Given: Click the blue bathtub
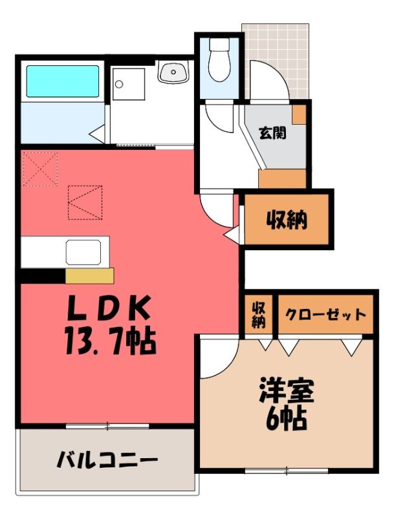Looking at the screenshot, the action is click(63, 81).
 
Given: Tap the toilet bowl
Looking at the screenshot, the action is click(219, 59).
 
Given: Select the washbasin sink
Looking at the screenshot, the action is click(173, 72).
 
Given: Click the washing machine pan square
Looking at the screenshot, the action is click(128, 84).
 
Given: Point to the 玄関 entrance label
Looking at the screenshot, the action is click(272, 133).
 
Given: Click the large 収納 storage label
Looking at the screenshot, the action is click(287, 220).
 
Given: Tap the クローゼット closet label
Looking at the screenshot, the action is click(325, 315).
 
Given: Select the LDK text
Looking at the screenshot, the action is click(109, 308).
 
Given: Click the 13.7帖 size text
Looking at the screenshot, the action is click(110, 341).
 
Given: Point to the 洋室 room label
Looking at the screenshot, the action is click(287, 391).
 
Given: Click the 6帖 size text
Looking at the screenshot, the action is click(287, 419).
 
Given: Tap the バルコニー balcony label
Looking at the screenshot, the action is click(107, 459).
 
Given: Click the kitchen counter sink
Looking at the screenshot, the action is click(83, 252).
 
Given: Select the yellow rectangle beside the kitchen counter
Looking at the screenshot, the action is click(89, 276).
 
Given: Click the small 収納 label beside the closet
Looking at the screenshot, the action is click(258, 315).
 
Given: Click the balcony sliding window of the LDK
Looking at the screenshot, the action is click(107, 426).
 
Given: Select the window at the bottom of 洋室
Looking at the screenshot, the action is click(287, 470).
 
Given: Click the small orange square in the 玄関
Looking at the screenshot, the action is click(300, 114).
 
